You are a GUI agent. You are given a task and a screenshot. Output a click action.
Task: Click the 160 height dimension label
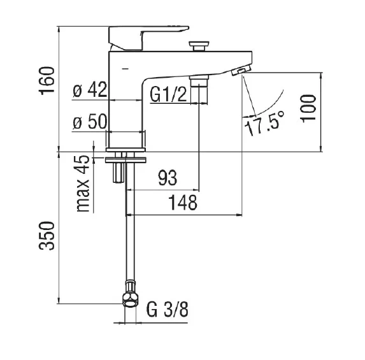(45, 80)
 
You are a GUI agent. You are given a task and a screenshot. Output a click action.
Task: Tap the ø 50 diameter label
(89, 123)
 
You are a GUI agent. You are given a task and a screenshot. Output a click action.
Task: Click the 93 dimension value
(167, 178)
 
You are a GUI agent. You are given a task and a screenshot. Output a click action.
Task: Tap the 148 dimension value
(183, 203)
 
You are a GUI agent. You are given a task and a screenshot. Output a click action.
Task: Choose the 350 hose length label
(45, 238)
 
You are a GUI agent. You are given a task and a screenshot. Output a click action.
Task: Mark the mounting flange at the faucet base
(126, 156)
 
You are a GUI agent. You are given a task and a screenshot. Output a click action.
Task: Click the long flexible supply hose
(130, 236)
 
